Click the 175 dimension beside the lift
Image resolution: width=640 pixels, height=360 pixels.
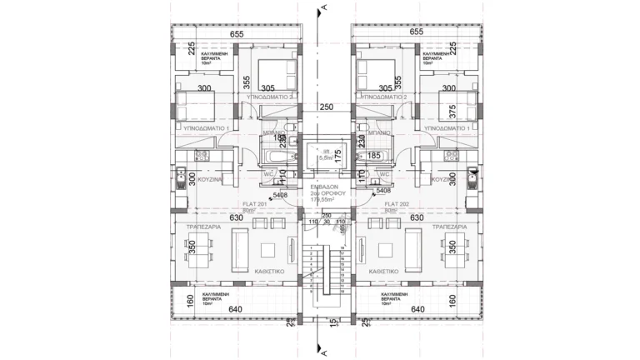point(339,156)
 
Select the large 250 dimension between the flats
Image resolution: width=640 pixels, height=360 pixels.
point(326,107)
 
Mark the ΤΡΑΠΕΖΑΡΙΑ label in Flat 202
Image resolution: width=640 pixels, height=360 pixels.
point(447,226)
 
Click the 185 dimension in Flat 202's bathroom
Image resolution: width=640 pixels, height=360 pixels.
point(373,155)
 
